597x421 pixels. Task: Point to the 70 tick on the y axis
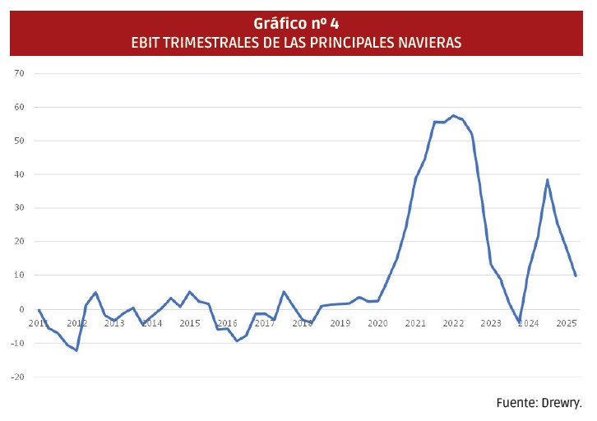coord(20,73)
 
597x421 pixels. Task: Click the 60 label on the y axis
coord(20,107)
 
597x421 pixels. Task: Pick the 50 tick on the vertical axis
coord(20,141)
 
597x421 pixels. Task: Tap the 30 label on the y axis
coord(20,208)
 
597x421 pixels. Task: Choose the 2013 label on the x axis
coord(114,323)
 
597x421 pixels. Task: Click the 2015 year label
coord(189,323)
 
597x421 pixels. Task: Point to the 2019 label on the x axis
coord(340,323)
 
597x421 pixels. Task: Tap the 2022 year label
coord(453,323)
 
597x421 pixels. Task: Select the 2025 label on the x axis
coord(566,323)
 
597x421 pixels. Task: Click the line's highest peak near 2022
coord(453,116)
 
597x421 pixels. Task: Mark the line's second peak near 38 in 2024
coord(547,180)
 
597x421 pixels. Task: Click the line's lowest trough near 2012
coord(76,350)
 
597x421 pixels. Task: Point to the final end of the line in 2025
coord(575,275)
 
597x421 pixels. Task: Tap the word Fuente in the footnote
coord(516,403)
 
